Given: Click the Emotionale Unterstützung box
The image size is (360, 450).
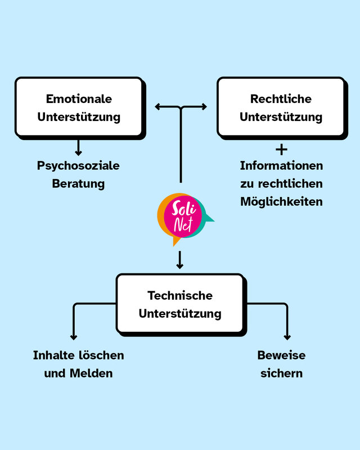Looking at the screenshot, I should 79,107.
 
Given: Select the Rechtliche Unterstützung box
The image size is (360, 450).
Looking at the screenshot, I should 281,107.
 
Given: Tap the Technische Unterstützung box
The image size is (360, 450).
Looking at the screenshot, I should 180,304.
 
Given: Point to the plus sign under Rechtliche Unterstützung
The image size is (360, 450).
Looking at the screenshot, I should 281,150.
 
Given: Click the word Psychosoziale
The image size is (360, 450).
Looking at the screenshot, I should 78,166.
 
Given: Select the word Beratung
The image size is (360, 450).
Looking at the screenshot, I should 78,183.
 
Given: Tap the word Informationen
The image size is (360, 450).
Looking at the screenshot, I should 281,166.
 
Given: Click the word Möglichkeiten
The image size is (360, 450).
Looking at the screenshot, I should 281,201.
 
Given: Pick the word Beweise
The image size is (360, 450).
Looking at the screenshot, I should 281,355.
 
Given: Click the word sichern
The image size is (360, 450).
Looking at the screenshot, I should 281,373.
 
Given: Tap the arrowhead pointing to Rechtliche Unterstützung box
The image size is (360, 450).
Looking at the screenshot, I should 204,106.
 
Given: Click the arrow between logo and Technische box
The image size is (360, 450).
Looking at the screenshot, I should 180,260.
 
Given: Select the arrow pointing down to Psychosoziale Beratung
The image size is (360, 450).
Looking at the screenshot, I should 78,148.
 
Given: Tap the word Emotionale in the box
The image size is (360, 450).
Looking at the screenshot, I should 79,99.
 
